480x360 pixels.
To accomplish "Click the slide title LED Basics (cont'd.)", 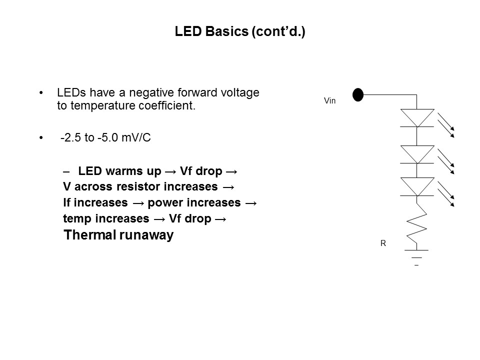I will click(240, 32).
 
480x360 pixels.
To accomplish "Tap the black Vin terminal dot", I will click(357, 94).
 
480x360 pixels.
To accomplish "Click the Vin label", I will click(329, 101).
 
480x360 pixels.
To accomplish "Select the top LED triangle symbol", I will click(417, 117).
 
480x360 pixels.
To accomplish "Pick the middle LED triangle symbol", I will click(417, 153).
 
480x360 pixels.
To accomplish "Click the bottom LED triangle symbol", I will click(417, 186).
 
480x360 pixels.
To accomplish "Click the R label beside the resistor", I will click(383, 243).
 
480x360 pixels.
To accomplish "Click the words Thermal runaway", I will click(118, 235).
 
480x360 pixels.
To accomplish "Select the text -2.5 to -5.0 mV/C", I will click(105, 138).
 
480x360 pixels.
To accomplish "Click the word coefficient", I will click(168, 106).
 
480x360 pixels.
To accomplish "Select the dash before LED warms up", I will click(67, 171).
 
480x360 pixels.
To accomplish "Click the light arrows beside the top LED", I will click(446, 124).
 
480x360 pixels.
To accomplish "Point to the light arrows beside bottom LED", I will click(446, 194).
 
